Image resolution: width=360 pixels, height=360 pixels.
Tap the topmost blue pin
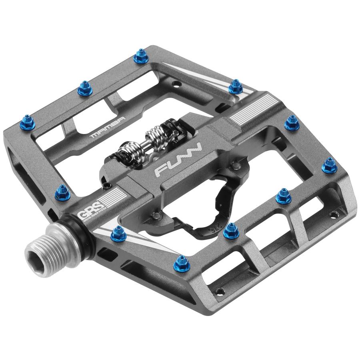point(141,56)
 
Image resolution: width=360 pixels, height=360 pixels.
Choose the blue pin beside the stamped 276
point(230,230)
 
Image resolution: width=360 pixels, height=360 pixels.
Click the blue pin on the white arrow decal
point(118,233)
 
